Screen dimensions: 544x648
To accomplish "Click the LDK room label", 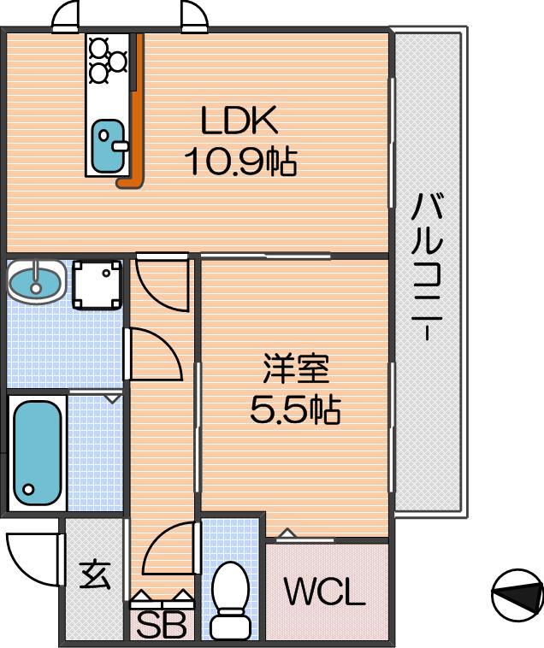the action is pos(239,121).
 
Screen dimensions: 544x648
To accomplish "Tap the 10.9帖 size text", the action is pos(240,162).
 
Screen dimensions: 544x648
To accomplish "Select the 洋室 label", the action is pos(296,368).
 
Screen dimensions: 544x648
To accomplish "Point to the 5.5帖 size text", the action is pos(295,409).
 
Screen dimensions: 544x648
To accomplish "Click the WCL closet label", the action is pos(325,592).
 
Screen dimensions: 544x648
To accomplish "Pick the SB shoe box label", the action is pos(161,625).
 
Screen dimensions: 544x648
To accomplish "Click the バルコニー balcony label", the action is pos(427,267).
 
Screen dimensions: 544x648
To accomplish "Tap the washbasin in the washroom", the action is pos(37,282).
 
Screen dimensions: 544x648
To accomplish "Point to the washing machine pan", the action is pos(98,285).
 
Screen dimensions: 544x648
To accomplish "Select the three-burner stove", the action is pos(108,61).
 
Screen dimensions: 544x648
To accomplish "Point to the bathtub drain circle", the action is pos(28,489).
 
